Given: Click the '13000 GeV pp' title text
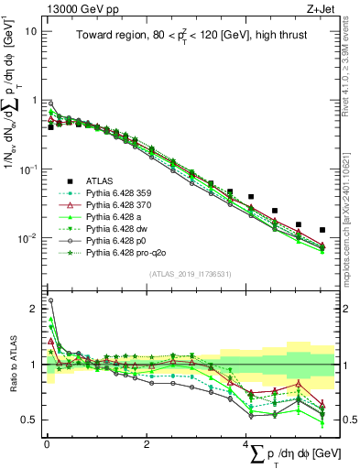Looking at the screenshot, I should (72, 7).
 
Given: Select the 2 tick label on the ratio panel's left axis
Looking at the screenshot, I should (34, 308).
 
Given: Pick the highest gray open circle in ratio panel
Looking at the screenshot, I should (50, 300).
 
